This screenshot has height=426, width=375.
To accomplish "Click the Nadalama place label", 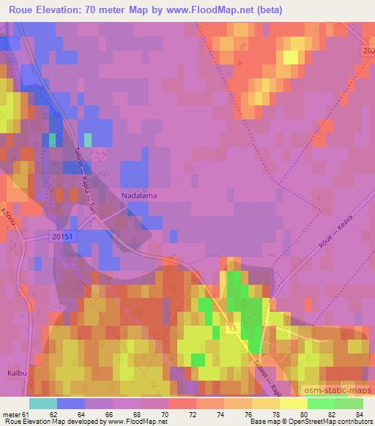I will (x=139, y=196).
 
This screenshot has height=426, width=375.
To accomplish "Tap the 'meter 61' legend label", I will (x=16, y=414).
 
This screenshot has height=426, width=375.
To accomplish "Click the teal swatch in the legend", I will (x=43, y=403).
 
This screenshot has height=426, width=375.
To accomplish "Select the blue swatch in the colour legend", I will (x=71, y=403).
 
